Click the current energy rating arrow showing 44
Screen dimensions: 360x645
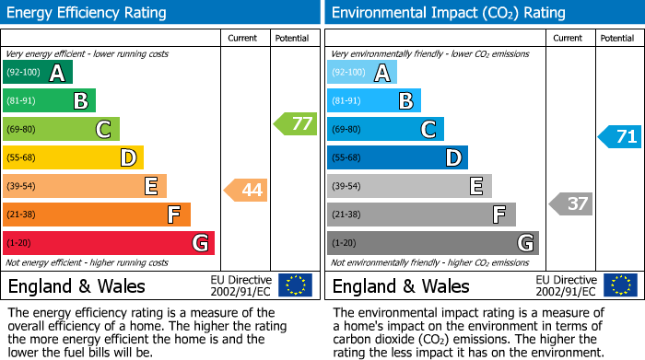(x=246, y=191)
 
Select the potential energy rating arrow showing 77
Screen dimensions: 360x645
(x=296, y=123)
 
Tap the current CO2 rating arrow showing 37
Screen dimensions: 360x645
(x=570, y=203)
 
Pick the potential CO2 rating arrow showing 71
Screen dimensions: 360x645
(x=620, y=137)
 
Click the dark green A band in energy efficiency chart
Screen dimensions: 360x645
(x=38, y=73)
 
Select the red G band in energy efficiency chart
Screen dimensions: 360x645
(x=109, y=243)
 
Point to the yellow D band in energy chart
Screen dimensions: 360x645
(x=74, y=158)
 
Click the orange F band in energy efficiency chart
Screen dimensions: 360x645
(x=97, y=215)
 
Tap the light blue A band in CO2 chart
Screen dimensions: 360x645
(x=362, y=73)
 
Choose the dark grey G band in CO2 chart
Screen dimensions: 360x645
(x=433, y=243)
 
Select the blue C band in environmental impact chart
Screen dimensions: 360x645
(x=385, y=130)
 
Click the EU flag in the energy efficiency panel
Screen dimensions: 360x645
(x=295, y=285)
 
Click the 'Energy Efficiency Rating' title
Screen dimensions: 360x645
(x=88, y=13)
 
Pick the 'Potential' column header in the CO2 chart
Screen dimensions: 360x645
(x=617, y=38)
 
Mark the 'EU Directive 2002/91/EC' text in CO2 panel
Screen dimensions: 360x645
(x=566, y=285)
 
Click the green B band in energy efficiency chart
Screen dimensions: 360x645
(x=50, y=101)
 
